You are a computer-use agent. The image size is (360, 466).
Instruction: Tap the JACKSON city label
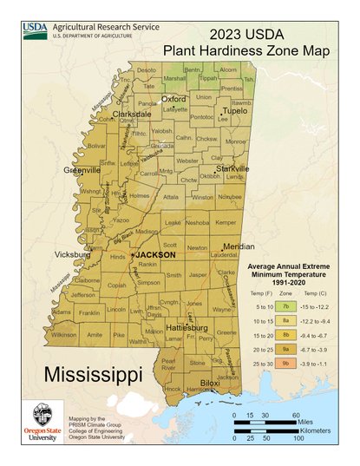pos(155,255)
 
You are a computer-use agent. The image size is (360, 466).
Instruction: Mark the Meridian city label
pos(239,246)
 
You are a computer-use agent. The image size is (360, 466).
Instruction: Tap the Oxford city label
pos(173,99)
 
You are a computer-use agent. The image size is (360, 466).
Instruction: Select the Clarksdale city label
pos(130,114)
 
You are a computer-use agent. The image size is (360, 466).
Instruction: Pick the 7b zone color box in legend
pos(285,306)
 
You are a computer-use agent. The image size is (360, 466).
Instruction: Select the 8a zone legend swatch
pos(285,321)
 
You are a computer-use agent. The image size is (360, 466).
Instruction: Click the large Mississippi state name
pos(93,375)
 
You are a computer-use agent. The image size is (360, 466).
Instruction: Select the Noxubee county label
pos(229,197)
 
